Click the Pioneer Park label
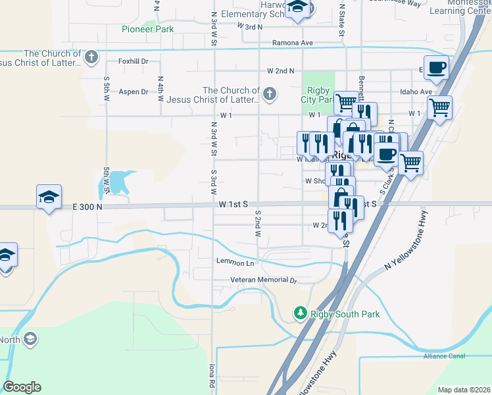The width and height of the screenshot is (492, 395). pyautogui.click(x=147, y=29)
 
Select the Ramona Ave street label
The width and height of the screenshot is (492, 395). pyautogui.click(x=293, y=43)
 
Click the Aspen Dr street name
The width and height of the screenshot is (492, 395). pyautogui.click(x=134, y=92)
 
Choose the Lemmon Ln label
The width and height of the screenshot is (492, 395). pyautogui.click(x=235, y=263)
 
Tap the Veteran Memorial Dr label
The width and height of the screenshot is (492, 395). pyautogui.click(x=264, y=280)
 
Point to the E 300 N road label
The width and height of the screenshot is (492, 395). pyautogui.click(x=88, y=207)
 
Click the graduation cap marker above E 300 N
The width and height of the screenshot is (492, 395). pyautogui.click(x=49, y=197)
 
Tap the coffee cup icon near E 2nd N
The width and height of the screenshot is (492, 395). pyautogui.click(x=436, y=66)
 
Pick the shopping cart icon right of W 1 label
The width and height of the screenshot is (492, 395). pyautogui.click(x=439, y=107)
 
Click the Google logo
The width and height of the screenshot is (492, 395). pyautogui.click(x=22, y=387)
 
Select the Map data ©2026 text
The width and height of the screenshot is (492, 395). pyautogui.click(x=464, y=390)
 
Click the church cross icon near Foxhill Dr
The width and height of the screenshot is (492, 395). pyautogui.click(x=91, y=57)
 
